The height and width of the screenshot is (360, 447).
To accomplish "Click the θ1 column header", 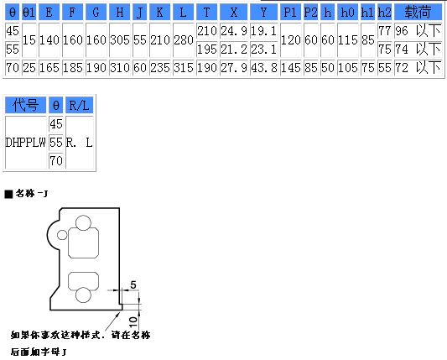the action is click(29, 13).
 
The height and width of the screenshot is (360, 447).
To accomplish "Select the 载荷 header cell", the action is click(418, 13).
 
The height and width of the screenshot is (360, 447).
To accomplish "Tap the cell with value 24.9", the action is click(234, 31).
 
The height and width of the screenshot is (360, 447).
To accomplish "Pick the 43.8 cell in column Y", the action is click(263, 68).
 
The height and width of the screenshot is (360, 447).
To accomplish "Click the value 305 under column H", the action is click(120, 40).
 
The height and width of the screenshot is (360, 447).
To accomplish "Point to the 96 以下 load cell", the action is click(418, 31).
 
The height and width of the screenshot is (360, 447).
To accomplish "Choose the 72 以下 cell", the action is click(418, 68).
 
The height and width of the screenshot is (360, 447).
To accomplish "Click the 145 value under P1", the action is click(290, 68).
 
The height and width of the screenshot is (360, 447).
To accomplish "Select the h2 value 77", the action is click(385, 31).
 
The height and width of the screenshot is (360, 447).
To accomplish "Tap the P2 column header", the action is click(311, 13).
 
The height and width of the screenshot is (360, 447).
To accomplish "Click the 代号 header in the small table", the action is click(26, 105).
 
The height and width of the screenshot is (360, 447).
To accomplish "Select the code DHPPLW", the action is click(26, 143).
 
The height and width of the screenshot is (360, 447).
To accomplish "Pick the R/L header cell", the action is click(79, 105).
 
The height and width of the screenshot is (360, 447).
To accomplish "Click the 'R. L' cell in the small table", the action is click(79, 143).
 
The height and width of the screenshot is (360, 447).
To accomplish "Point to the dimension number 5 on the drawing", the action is click(133, 284).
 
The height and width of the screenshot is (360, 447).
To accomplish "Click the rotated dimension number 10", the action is click(133, 322).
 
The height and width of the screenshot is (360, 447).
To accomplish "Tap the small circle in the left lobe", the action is click(62, 235).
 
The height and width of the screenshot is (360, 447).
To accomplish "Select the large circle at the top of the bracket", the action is click(84, 222).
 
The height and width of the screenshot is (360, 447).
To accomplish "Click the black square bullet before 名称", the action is click(9, 194).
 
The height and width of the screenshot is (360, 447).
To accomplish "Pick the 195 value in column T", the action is click(207, 50).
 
